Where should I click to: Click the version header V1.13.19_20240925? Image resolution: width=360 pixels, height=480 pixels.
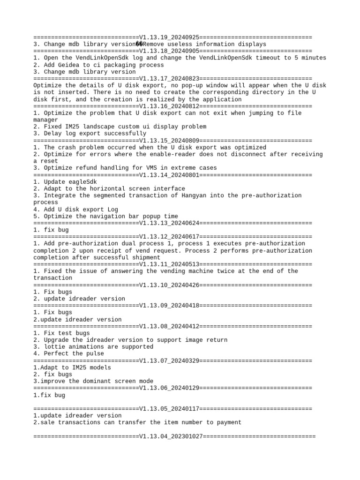pos(169,37)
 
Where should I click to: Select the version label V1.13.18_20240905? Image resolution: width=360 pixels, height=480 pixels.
pos(169,51)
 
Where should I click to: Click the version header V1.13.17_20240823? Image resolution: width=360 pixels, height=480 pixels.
pos(169,79)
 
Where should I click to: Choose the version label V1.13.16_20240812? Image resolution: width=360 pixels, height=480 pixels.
pos(169,106)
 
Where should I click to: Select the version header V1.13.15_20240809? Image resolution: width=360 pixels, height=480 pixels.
pos(169,140)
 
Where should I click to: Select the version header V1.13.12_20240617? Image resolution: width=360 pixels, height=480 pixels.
pos(169,236)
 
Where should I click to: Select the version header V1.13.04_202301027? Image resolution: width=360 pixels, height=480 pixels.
pos(171,436)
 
